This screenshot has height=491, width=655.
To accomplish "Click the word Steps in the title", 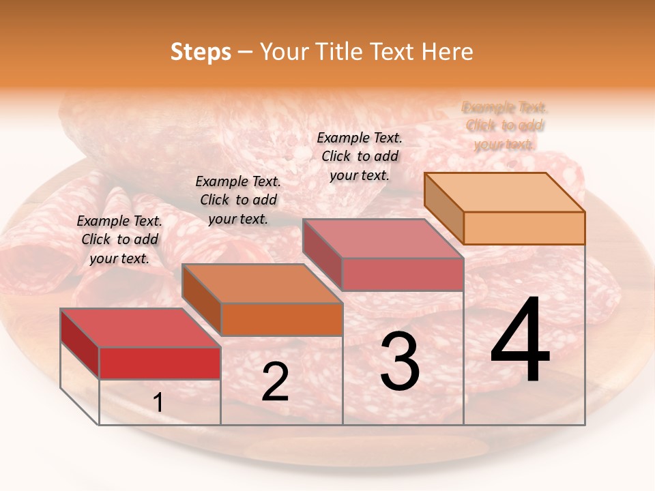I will pyautogui.click(x=201, y=52).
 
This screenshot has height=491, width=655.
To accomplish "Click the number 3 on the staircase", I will pyautogui.click(x=400, y=361).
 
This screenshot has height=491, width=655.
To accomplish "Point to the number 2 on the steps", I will pyautogui.click(x=275, y=382).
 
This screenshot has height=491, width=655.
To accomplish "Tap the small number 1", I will pyautogui.click(x=158, y=403).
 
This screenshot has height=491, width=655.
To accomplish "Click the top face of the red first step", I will pyautogui.click(x=140, y=328).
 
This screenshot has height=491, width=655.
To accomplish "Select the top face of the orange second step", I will pyautogui.click(x=262, y=284).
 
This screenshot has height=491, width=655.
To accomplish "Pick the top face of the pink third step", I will pyautogui.click(x=383, y=239).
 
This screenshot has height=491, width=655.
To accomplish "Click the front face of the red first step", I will pyautogui.click(x=160, y=363).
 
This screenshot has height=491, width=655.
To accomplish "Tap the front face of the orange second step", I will pyautogui.click(x=282, y=319).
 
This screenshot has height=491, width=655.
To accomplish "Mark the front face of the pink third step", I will pyautogui.click(x=403, y=274).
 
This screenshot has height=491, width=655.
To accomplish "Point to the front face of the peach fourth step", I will pyautogui.click(x=524, y=228).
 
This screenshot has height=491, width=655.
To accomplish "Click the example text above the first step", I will pyautogui.click(x=119, y=239).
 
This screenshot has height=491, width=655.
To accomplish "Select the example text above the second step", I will pyautogui.click(x=238, y=200).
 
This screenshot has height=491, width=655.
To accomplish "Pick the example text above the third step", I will pyautogui.click(x=360, y=156).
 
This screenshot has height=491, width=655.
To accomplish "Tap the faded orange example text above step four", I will pyautogui.click(x=505, y=125).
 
